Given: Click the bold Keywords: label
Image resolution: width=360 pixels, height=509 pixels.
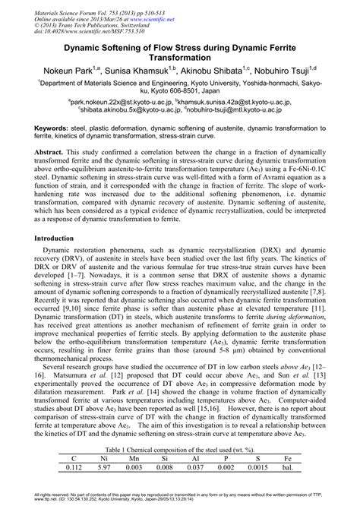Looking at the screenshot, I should click(x=53, y=130).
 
